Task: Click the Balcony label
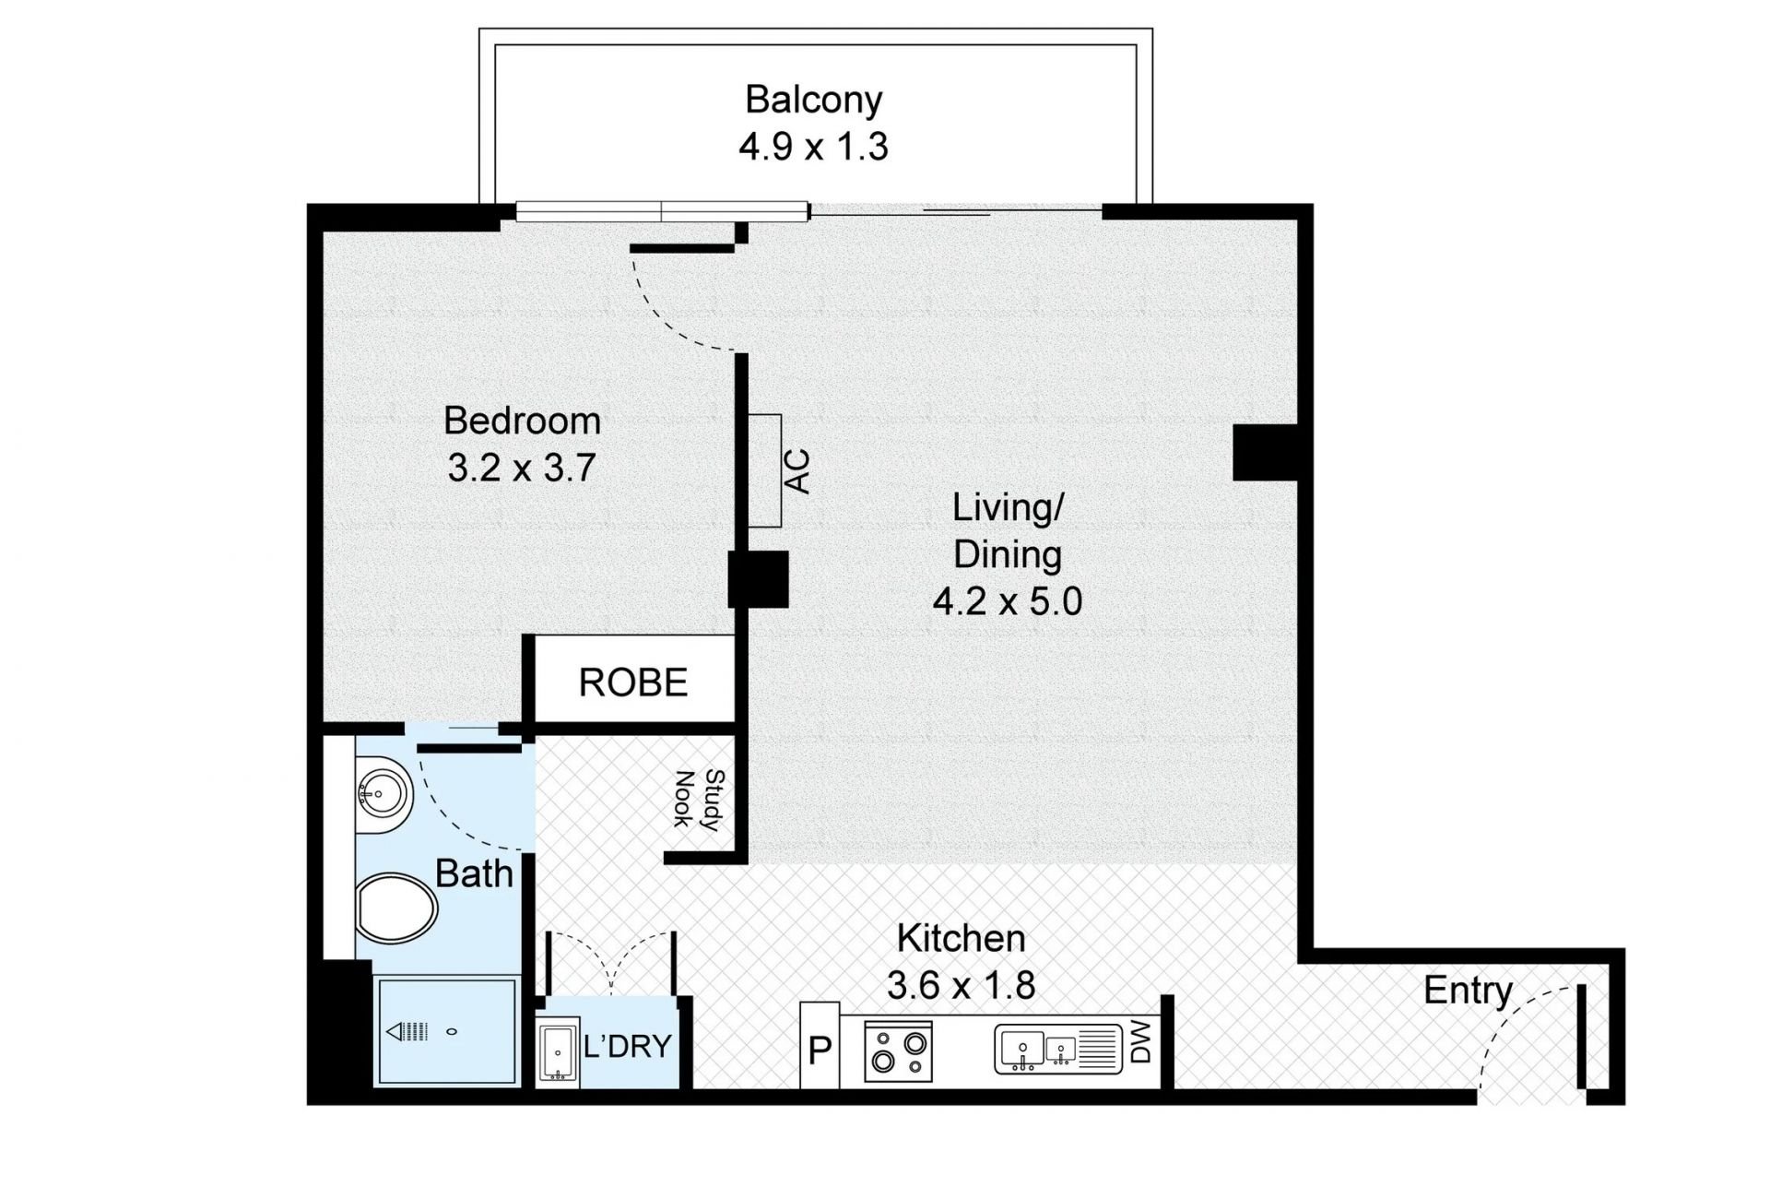(x=814, y=100)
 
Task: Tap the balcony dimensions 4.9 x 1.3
(x=813, y=147)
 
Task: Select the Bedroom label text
(x=522, y=421)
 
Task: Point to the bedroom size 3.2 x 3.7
(x=522, y=468)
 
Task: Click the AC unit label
(x=796, y=471)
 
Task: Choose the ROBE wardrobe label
(x=633, y=683)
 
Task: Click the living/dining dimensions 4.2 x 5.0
(x=1007, y=602)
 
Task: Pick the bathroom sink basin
(x=381, y=793)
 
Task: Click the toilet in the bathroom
(x=396, y=908)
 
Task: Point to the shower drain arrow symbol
(x=408, y=1031)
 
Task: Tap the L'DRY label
(x=628, y=1047)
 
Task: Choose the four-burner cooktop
(x=899, y=1051)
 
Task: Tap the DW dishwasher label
(x=1140, y=1046)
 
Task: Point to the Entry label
(x=1469, y=991)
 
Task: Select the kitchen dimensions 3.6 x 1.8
(x=961, y=986)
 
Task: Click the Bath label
(x=474, y=873)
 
